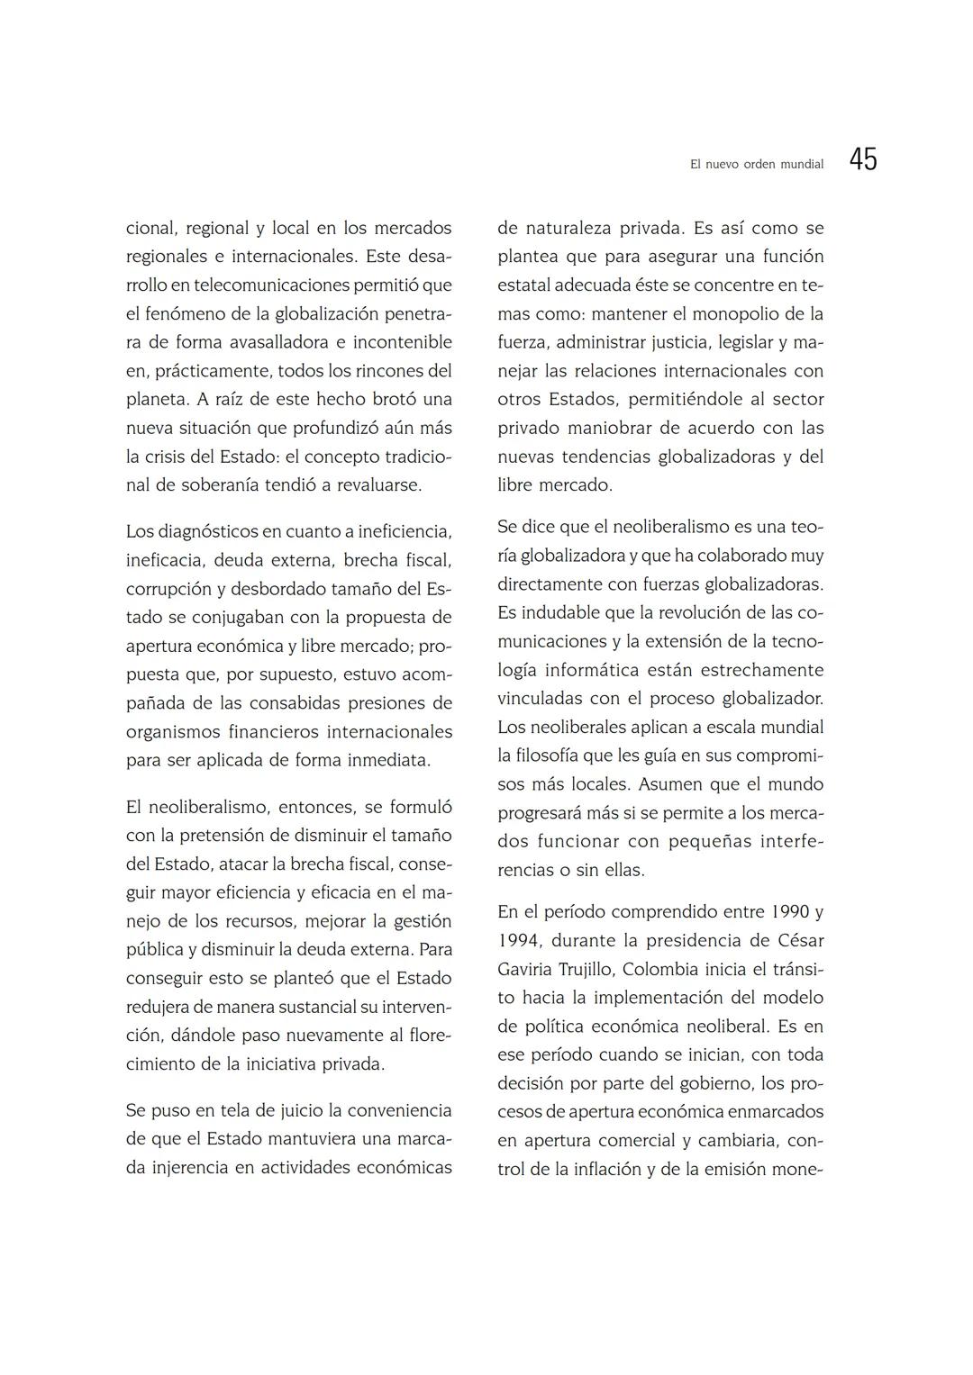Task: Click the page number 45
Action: (862, 160)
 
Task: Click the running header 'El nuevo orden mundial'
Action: (756, 165)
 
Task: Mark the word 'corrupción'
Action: (168, 589)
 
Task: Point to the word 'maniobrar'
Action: (613, 428)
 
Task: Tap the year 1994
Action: (518, 941)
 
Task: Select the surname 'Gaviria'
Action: (525, 970)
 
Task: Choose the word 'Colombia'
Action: (660, 970)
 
